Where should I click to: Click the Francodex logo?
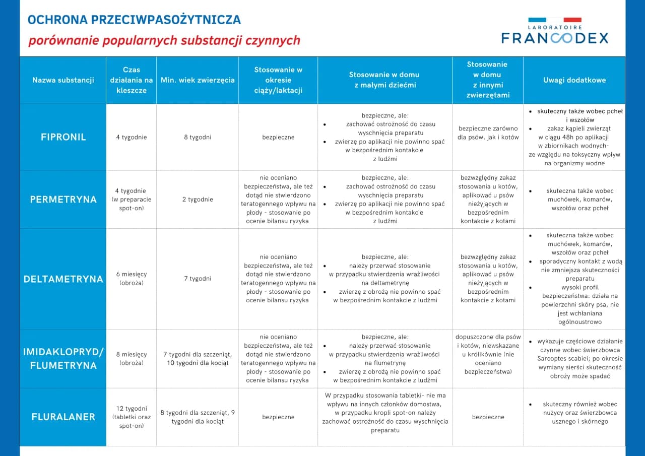[555, 31]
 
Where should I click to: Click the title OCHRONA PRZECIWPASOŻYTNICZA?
[134, 20]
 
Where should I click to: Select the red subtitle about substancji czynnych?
[164, 40]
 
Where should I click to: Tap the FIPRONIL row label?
[63, 137]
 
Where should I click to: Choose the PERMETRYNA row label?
[63, 200]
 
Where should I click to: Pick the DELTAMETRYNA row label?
[63, 279]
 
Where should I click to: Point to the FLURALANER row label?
[63, 417]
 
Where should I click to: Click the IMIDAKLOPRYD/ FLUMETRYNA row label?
[63, 359]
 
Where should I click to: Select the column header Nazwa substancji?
[63, 80]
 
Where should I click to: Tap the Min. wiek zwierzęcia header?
[198, 80]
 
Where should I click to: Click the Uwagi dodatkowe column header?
[574, 80]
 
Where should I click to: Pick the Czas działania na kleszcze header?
[132, 80]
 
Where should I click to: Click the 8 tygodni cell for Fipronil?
[198, 137]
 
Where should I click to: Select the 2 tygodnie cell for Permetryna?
[198, 200]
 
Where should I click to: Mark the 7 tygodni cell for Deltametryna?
[198, 279]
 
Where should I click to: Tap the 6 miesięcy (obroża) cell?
[132, 279]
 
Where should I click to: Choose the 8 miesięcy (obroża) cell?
[132, 358]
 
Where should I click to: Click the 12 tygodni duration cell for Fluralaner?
[132, 417]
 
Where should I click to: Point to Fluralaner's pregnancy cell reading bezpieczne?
[278, 417]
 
